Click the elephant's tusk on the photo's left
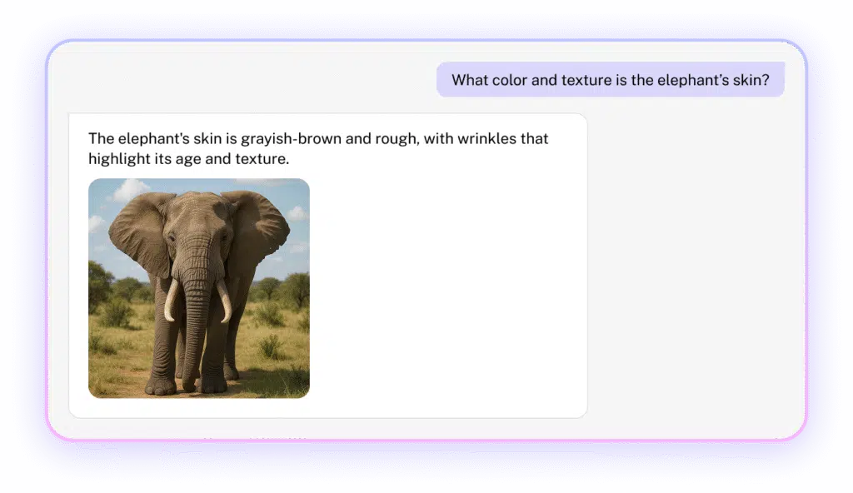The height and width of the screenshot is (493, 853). (171, 301)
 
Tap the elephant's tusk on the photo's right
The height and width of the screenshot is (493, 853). (225, 301)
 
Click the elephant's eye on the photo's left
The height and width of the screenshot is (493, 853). (172, 238)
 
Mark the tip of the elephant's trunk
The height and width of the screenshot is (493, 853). (189, 387)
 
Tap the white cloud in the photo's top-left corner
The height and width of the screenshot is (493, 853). (128, 190)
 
